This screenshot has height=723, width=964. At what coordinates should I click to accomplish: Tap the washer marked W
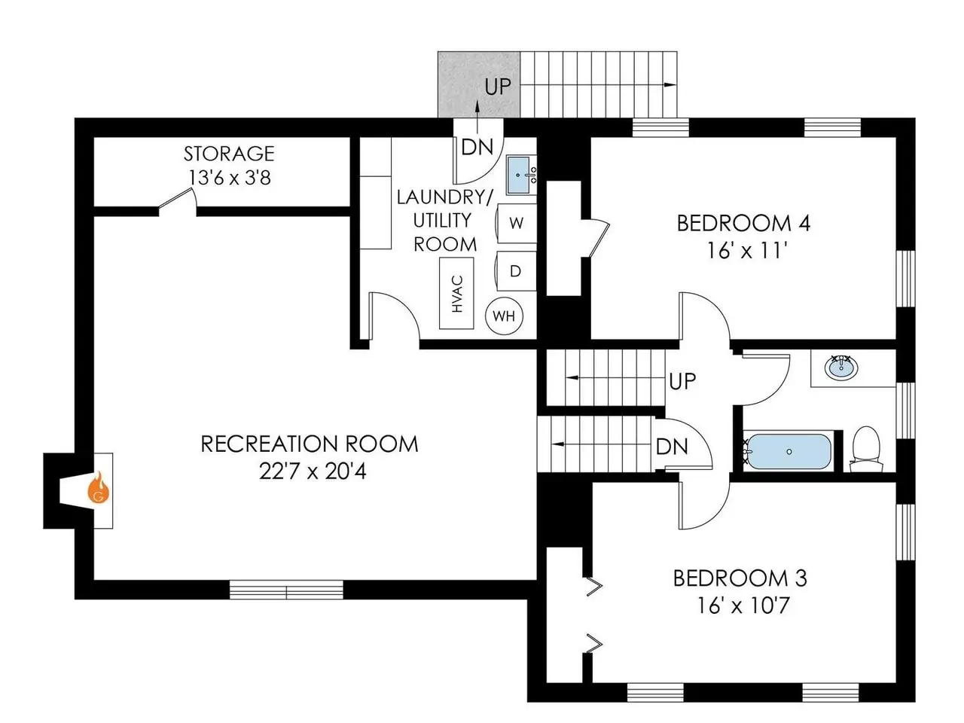click(x=516, y=223)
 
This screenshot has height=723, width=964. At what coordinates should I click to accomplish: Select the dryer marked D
click(x=516, y=271)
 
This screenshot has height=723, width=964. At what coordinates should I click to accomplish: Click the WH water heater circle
click(x=504, y=316)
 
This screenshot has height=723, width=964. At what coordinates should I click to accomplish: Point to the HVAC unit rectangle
click(x=456, y=293)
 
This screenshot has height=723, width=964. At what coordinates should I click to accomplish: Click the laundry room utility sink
click(x=521, y=175)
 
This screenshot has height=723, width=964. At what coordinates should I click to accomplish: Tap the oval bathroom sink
click(x=840, y=368)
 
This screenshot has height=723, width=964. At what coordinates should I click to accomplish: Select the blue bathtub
click(x=789, y=452)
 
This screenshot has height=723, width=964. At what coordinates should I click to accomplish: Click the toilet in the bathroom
click(x=865, y=449)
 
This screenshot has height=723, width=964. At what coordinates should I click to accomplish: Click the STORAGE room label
click(x=229, y=154)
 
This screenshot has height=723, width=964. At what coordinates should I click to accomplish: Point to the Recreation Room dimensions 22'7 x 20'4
click(x=313, y=471)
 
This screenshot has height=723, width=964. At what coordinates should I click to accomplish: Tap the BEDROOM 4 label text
click(x=743, y=223)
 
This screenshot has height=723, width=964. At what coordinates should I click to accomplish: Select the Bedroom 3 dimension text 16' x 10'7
click(x=743, y=606)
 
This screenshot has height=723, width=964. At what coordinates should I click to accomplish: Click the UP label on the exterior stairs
click(x=498, y=87)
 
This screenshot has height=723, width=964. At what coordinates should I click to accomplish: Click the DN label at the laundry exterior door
click(x=477, y=147)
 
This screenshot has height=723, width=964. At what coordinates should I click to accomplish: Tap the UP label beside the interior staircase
click(x=682, y=381)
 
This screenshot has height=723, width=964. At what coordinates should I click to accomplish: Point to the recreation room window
click(x=286, y=590)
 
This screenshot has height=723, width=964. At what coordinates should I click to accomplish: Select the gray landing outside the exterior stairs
click(x=479, y=84)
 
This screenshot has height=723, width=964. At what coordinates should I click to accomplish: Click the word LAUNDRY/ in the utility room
click(x=445, y=197)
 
